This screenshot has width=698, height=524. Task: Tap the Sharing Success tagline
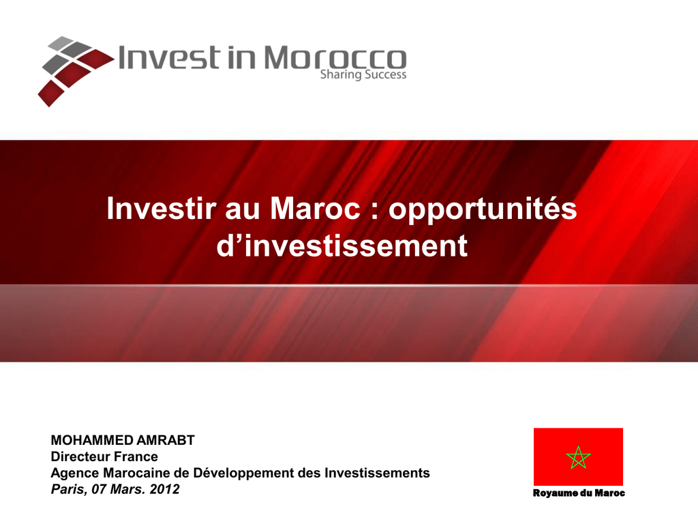tap(363, 74)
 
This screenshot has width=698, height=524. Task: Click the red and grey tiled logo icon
tap(76, 71)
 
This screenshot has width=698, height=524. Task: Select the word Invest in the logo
tap(169, 57)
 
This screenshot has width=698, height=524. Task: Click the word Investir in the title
tap(162, 208)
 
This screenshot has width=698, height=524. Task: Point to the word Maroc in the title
tap(315, 208)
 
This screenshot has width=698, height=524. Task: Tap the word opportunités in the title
tap(483, 209)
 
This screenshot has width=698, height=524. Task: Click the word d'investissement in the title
tap(342, 246)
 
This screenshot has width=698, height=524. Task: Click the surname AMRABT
tap(166, 440)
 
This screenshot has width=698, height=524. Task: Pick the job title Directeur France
tap(104, 456)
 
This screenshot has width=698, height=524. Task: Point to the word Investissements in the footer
tap(376, 473)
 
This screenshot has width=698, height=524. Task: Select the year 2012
tap(164, 489)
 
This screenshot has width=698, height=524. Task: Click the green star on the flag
tap(578, 458)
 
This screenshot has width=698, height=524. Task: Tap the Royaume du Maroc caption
tap(579, 493)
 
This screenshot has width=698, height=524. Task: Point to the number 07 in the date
tap(99, 489)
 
